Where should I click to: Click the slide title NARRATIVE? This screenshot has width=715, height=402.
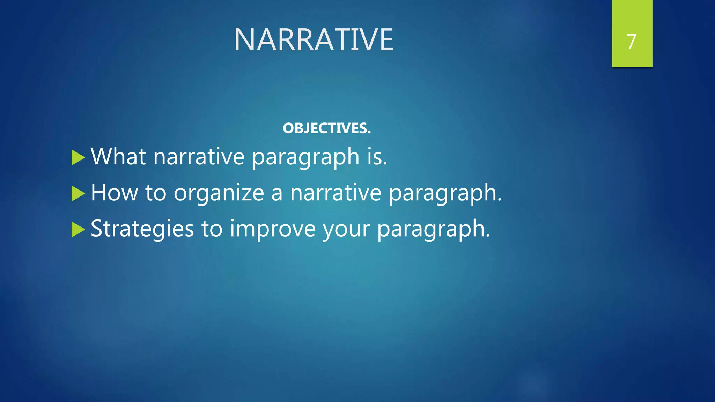coord(314,40)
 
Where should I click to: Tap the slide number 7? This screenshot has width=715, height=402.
coord(632,42)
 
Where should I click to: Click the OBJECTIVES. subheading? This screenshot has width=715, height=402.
coord(327,128)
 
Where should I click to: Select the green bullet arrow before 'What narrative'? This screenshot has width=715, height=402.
coord(78,157)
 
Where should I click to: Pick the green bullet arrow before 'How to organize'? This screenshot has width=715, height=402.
coord(78,193)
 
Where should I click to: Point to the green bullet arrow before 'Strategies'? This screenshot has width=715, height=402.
coord(78,230)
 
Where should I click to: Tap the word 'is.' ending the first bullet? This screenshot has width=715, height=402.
coord(377,156)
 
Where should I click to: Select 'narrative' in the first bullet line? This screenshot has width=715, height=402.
coord(199,156)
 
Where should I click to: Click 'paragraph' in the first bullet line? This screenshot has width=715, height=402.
coord(306,158)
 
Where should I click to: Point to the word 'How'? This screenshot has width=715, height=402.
coord(114,192)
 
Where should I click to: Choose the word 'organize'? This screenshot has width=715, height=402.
coord(219,194)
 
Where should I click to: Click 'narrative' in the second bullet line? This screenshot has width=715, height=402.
coord(336,192)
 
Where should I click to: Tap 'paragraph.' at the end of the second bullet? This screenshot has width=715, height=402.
coord(445,194)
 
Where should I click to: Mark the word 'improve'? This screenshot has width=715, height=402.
coord(273,229)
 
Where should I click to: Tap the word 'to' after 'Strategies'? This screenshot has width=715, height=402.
coord(212,229)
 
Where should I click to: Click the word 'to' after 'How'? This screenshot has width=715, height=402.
coord(156,193)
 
